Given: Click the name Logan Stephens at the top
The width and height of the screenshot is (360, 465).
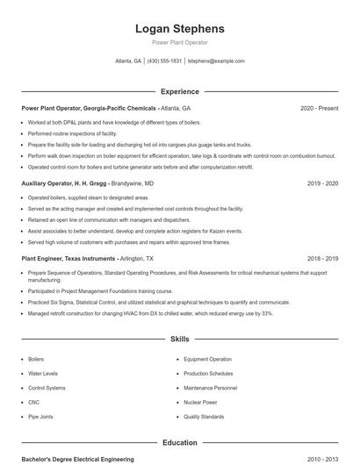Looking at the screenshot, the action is [x=180, y=28].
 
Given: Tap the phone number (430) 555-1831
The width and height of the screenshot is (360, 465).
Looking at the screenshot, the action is [x=164, y=61].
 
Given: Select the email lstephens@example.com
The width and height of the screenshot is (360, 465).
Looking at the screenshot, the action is [x=216, y=61].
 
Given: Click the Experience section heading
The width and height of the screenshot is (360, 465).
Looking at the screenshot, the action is [x=180, y=91].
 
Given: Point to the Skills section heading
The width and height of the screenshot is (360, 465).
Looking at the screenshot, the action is [x=180, y=339].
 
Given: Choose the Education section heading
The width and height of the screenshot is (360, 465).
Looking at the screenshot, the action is [x=180, y=443].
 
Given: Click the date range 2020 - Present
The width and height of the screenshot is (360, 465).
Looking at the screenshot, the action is [x=319, y=108].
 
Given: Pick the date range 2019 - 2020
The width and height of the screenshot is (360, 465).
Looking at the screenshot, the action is [x=322, y=184].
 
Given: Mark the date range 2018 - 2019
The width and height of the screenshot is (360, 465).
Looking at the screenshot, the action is [x=322, y=260].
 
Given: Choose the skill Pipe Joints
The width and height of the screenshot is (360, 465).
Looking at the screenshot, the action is [x=40, y=417].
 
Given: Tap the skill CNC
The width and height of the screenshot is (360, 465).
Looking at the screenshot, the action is [x=34, y=402].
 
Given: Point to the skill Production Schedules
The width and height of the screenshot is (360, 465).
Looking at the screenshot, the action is [x=209, y=374].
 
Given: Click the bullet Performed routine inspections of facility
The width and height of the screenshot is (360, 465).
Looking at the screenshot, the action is [x=72, y=133].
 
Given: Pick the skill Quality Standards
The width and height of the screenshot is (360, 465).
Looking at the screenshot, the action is [x=204, y=417].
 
